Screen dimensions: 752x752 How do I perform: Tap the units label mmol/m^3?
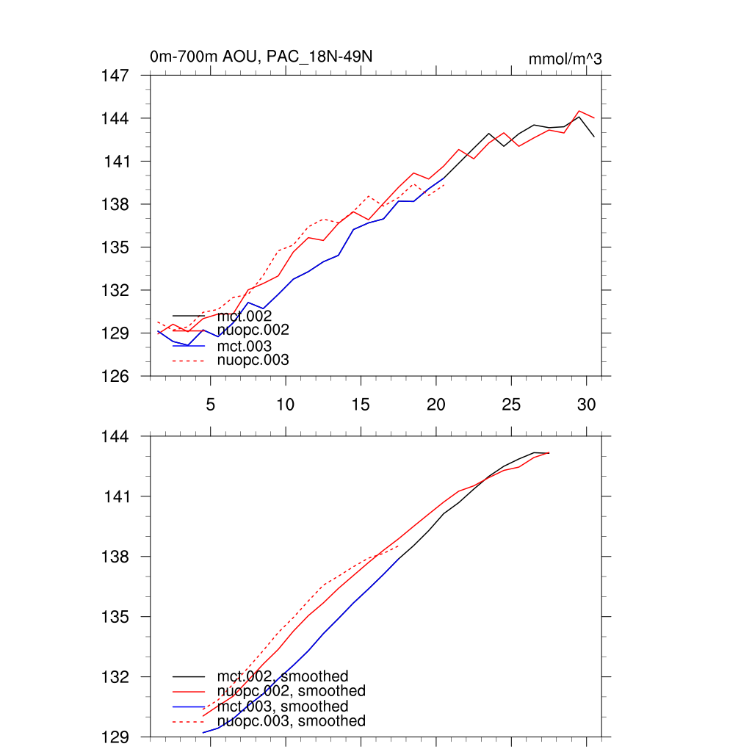(565, 59)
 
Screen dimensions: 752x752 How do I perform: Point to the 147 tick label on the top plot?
(115, 75)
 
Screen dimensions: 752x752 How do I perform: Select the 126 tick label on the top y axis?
(115, 376)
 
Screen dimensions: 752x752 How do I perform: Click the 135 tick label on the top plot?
(115, 247)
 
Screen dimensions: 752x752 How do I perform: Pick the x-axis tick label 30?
(586, 405)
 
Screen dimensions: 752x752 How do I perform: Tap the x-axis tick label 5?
(211, 405)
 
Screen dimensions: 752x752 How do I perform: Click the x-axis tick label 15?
(361, 405)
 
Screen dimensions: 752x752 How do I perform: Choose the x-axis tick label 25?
(511, 405)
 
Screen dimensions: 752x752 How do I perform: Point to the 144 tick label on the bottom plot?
(115, 436)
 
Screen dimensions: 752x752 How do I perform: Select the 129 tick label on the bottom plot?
(115, 737)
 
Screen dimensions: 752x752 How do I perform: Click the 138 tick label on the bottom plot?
(115, 557)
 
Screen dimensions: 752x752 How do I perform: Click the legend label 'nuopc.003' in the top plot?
(253, 360)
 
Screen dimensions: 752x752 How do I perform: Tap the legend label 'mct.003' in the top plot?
(245, 345)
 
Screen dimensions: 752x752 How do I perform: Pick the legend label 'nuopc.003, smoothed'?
(291, 721)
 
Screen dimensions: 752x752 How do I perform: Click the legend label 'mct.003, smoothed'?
(283, 706)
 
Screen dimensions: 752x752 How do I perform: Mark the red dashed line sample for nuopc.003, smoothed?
(188, 722)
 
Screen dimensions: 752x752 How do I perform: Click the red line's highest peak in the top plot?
(579, 111)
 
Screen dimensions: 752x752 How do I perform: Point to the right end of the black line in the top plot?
(593, 137)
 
